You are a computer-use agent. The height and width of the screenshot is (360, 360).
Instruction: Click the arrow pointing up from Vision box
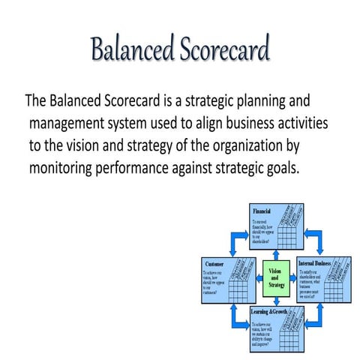[x=277, y=247]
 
